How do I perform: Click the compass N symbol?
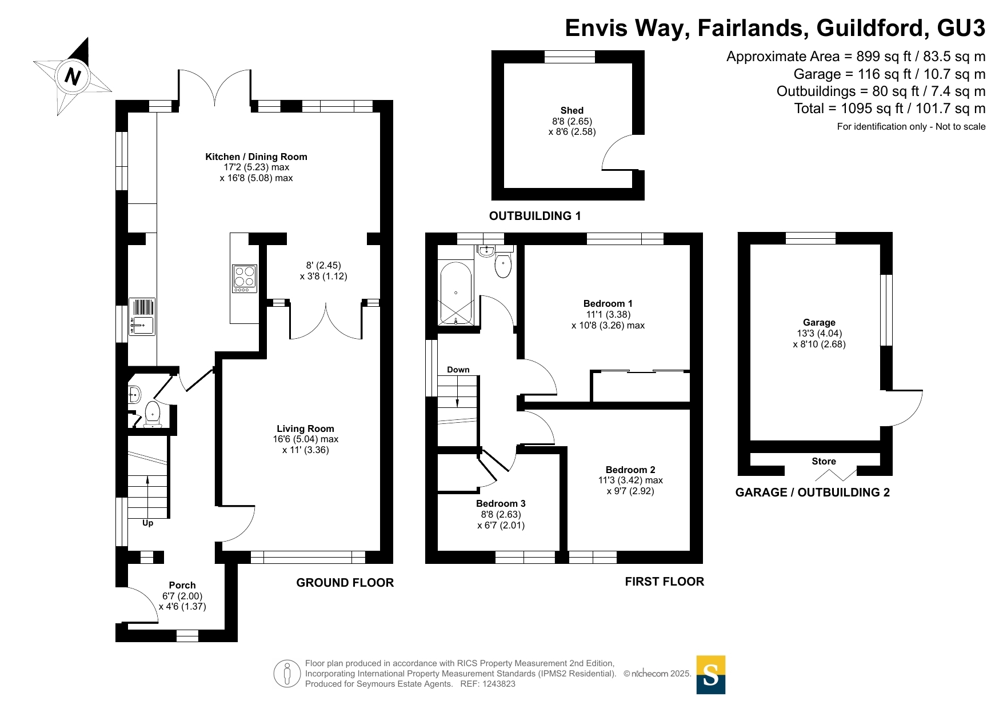point(73,75)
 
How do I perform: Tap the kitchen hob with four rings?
point(245,279)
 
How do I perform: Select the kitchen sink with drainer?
point(142,317)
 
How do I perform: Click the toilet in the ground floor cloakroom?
point(153,414)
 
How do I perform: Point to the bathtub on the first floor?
point(455,293)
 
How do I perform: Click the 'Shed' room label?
point(572,110)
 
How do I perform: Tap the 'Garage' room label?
point(819,322)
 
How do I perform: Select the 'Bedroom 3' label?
point(501,503)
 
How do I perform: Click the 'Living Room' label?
point(305,428)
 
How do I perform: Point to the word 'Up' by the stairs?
point(147,523)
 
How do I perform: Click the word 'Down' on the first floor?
point(458,370)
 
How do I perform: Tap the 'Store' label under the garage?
point(824,461)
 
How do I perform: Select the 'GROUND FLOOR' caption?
point(345,583)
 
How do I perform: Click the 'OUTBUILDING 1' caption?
point(535,216)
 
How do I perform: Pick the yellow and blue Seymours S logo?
point(711,675)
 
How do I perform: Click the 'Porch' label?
point(182,585)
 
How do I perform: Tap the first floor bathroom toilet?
point(503,265)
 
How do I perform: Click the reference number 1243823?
point(499,684)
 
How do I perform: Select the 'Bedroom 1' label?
point(608,303)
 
